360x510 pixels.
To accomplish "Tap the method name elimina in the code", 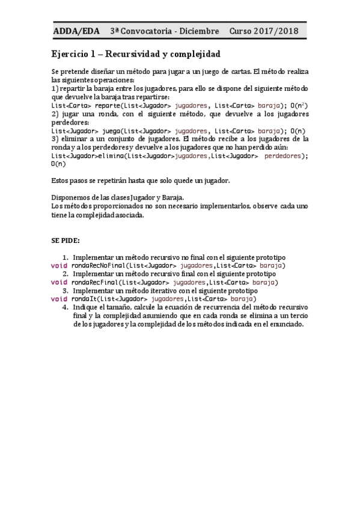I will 110,155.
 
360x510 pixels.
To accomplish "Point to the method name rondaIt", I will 83,299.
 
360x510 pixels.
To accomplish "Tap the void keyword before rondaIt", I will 58,299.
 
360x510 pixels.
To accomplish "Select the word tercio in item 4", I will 298,315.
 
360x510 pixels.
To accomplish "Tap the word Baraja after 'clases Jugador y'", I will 172,197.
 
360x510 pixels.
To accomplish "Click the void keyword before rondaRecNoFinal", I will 58,265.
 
